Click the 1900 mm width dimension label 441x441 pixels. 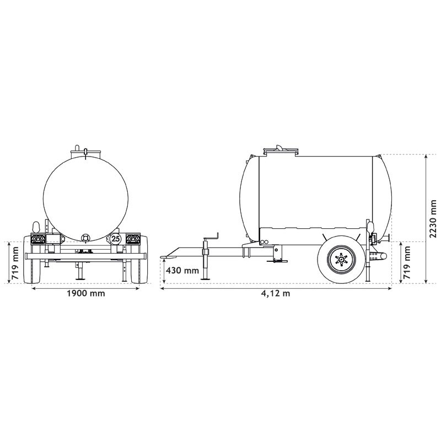(x=85, y=293)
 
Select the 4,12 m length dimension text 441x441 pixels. (x=276, y=293)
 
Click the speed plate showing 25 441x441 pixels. (x=116, y=239)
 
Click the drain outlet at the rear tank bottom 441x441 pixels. (x=85, y=237)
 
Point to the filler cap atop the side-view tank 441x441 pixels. (x=279, y=148)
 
